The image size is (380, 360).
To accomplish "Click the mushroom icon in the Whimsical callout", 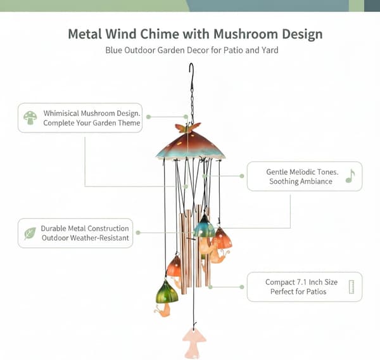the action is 30,118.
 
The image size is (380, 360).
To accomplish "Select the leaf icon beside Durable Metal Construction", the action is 30,233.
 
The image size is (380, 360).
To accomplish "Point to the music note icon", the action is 350,176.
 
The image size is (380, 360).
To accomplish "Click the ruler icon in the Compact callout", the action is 351,287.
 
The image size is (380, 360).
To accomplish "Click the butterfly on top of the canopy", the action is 187,127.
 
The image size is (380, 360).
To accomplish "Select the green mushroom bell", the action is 167,292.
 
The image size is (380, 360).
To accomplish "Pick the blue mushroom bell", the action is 205,226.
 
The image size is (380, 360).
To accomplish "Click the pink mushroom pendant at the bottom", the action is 194,342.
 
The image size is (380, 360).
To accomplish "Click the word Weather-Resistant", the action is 99,238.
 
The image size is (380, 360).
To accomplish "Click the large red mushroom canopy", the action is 191,146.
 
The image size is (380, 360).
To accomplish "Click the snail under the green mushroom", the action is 163,311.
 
